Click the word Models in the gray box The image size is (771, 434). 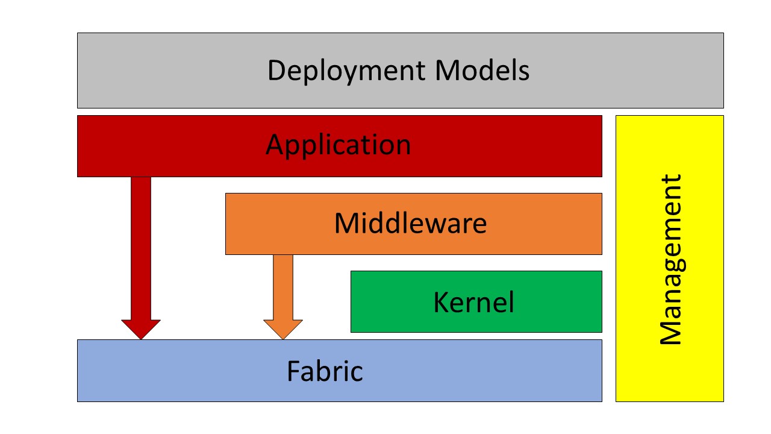pos(482,71)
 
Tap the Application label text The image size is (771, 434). pos(338,145)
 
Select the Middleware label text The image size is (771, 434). pos(410,224)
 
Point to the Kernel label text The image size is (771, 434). pos(473,302)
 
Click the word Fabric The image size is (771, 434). pos(325,371)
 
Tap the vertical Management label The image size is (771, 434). pos(670,259)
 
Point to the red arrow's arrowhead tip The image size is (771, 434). pos(141,338)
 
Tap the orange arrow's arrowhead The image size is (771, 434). pos(283,329)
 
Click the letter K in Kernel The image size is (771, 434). pos(440,302)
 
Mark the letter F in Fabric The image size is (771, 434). pos(293,371)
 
